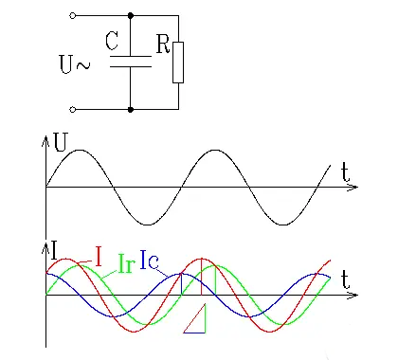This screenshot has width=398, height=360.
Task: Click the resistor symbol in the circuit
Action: tap(177, 63)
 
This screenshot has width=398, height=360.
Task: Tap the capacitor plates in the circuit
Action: tap(130, 62)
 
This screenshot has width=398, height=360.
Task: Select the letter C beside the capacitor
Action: tap(112, 42)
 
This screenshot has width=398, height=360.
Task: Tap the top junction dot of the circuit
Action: tap(130, 16)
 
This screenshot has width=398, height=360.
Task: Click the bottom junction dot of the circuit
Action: tap(130, 109)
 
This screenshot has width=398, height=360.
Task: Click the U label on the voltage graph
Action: tap(61, 144)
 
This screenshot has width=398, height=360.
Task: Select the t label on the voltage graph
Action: tap(347, 172)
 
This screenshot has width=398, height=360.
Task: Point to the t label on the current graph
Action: tap(347, 279)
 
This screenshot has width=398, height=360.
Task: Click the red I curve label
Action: tap(98, 256)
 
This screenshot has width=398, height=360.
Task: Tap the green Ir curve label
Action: tap(125, 262)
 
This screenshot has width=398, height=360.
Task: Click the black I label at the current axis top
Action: tap(54, 249)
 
